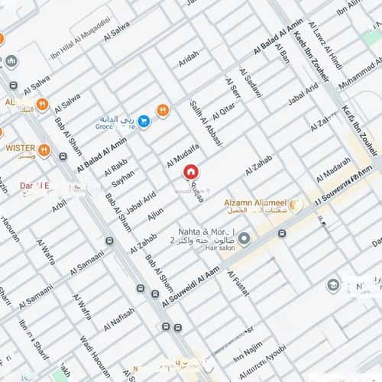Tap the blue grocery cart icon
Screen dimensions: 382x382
143,121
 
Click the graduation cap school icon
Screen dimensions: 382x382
333,285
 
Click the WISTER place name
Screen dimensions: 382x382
21,147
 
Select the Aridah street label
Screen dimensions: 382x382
188,59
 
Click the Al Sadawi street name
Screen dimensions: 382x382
251,83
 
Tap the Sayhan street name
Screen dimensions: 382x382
122,179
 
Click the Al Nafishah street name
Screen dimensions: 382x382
118,316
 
